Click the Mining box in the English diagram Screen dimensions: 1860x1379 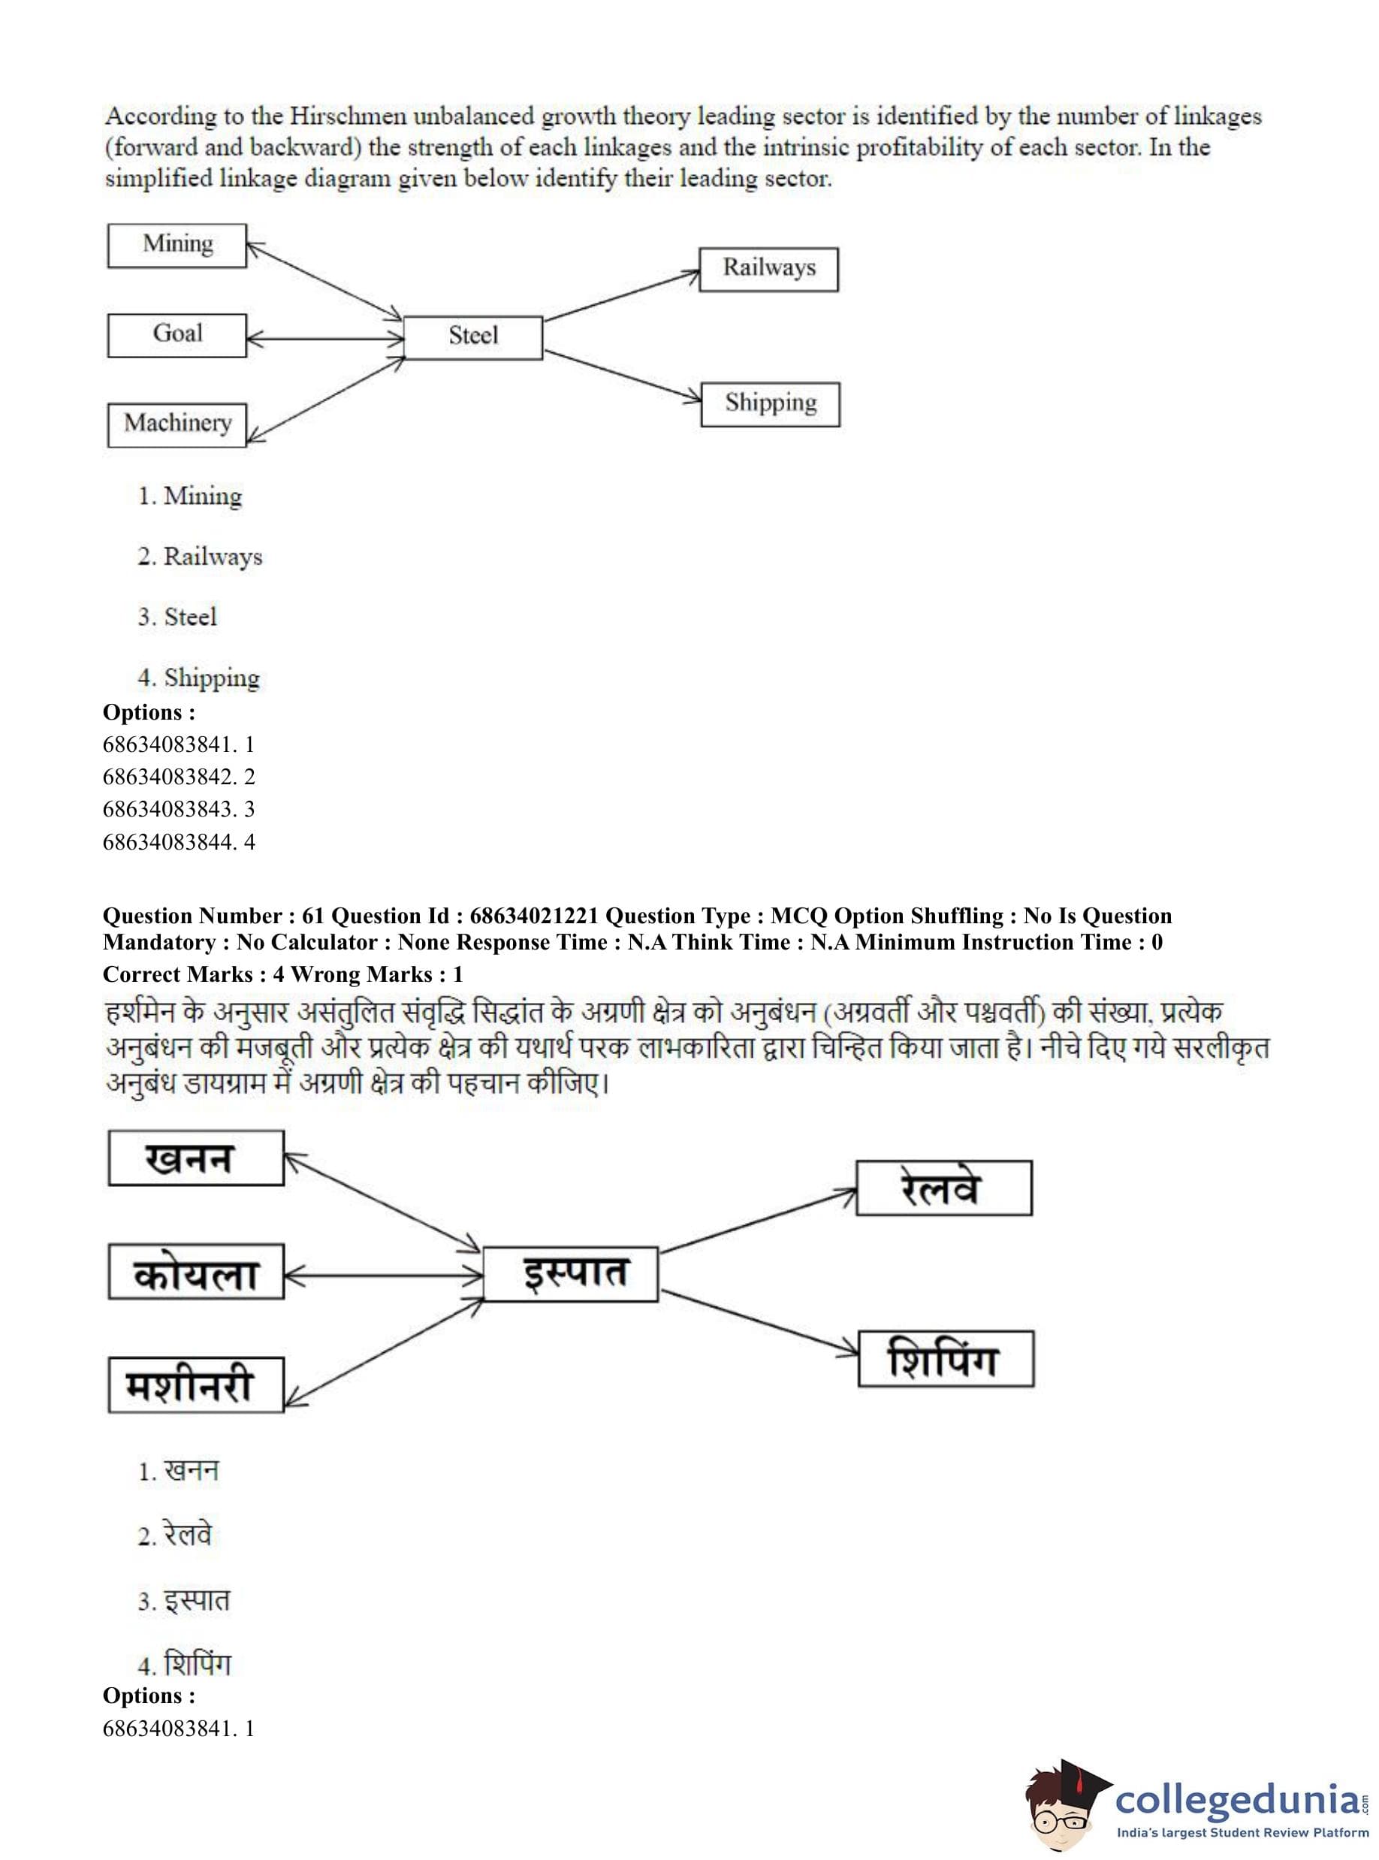pyautogui.click(x=177, y=246)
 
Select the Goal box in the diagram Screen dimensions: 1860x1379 pyautogui.click(x=177, y=335)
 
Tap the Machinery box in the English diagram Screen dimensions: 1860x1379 pyautogui.click(x=177, y=425)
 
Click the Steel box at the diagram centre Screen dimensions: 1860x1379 pyautogui.click(x=472, y=337)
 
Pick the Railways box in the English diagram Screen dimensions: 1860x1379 pyautogui.click(x=768, y=269)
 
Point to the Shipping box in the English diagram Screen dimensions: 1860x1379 pyautogui.click(x=770, y=404)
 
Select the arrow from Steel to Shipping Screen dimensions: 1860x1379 pyautogui.click(x=622, y=376)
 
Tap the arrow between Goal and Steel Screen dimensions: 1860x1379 pyautogui.click(x=324, y=338)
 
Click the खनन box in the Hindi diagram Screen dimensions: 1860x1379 pyautogui.click(x=196, y=1158)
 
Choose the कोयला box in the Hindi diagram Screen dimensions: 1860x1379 pyautogui.click(x=196, y=1273)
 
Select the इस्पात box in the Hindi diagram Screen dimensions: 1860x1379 pyautogui.click(x=571, y=1274)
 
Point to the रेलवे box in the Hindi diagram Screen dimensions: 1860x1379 pyautogui.click(x=943, y=1187)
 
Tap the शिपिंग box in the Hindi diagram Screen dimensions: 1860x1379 pyautogui.click(x=946, y=1358)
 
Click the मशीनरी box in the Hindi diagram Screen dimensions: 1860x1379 pyautogui.click(x=196, y=1385)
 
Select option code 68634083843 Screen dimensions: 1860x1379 pyautogui.click(x=179, y=809)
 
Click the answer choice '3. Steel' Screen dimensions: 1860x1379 pyautogui.click(x=177, y=617)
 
